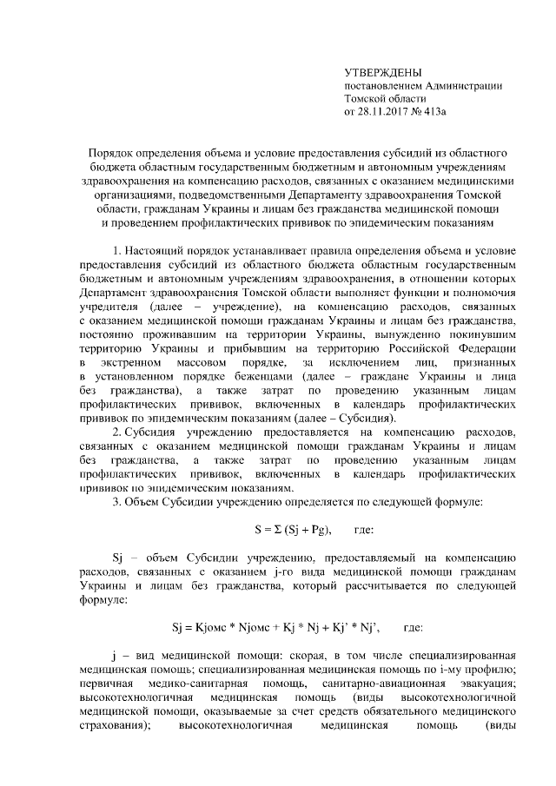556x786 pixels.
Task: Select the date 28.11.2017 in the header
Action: point(386,112)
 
